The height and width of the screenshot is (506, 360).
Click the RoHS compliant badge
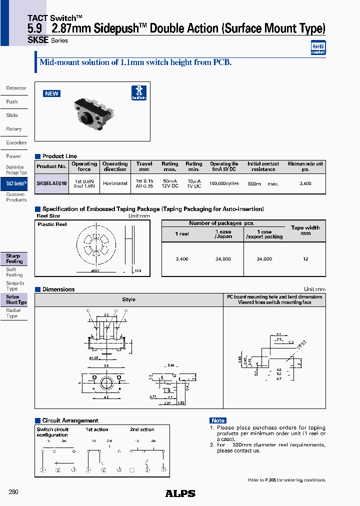pos(318,47)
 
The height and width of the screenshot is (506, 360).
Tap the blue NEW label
pos(51,93)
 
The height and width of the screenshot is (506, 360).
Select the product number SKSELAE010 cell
pos(51,183)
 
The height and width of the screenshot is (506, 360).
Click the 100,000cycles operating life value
pos(224,183)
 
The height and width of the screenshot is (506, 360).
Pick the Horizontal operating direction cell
pos(115,183)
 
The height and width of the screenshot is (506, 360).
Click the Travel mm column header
pos(144,166)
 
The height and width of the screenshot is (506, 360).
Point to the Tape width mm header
pos(305,230)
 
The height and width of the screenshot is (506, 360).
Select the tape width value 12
pos(305,259)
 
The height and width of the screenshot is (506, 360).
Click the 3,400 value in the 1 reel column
pos(182,259)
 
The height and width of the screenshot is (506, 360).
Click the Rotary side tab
pos(14,129)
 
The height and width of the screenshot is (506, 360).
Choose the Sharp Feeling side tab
pos(14,258)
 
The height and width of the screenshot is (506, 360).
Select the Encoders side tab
pos(16,142)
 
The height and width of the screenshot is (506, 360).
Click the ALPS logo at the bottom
pos(180,493)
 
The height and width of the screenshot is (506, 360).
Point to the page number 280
pos(13,492)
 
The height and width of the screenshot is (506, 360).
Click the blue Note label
pos(218,420)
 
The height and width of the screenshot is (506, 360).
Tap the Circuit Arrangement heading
pos(70,420)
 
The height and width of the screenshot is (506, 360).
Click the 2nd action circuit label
pos(142,429)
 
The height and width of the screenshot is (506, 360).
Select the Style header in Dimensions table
pos(128,299)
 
